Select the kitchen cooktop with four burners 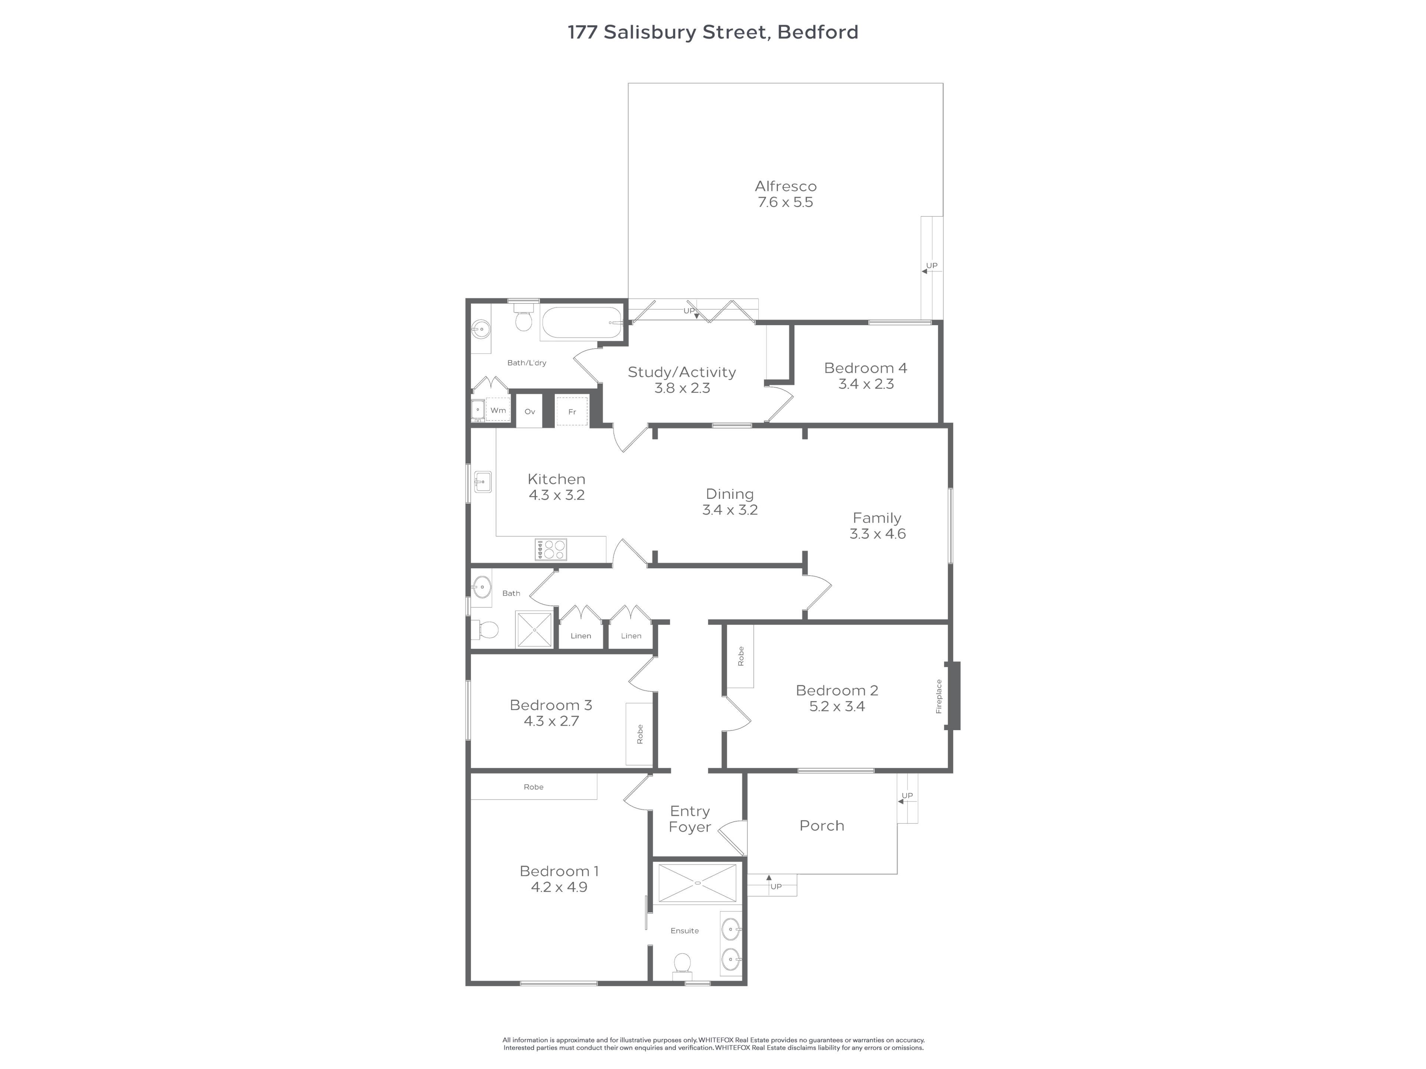[x=551, y=549]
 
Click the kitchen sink [x=482, y=482]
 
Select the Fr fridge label [x=572, y=412]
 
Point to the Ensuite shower [x=697, y=883]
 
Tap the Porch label [x=821, y=826]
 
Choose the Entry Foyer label [x=690, y=819]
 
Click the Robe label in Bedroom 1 [x=534, y=787]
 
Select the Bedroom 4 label [x=866, y=368]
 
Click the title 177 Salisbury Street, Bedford [x=713, y=32]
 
